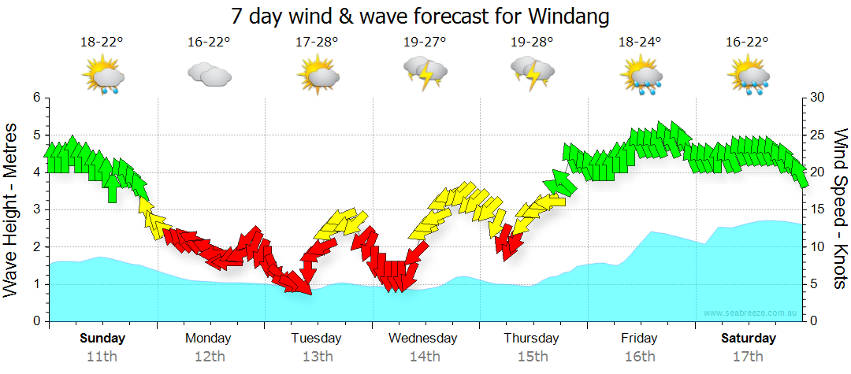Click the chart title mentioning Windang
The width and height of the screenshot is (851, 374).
click(x=421, y=16)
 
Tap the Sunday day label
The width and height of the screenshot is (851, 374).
click(x=102, y=339)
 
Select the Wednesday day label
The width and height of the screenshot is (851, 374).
click(x=423, y=339)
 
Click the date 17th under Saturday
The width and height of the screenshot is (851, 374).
click(x=748, y=357)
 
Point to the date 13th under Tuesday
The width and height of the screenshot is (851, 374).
click(x=317, y=357)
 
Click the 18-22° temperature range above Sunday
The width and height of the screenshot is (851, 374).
click(x=102, y=43)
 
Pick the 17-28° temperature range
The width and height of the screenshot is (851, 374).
click(x=318, y=43)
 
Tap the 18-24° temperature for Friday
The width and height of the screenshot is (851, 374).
click(x=640, y=43)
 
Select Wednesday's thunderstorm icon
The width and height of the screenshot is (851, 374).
click(x=425, y=73)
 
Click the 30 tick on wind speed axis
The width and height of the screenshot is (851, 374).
click(x=817, y=98)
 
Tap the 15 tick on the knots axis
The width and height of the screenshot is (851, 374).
click(x=817, y=209)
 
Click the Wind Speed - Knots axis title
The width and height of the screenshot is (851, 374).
click(x=838, y=209)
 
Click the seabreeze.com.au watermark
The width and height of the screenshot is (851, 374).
click(x=752, y=313)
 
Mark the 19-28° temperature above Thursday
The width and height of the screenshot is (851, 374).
click(x=532, y=43)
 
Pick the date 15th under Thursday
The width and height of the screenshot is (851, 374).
click(x=533, y=357)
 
